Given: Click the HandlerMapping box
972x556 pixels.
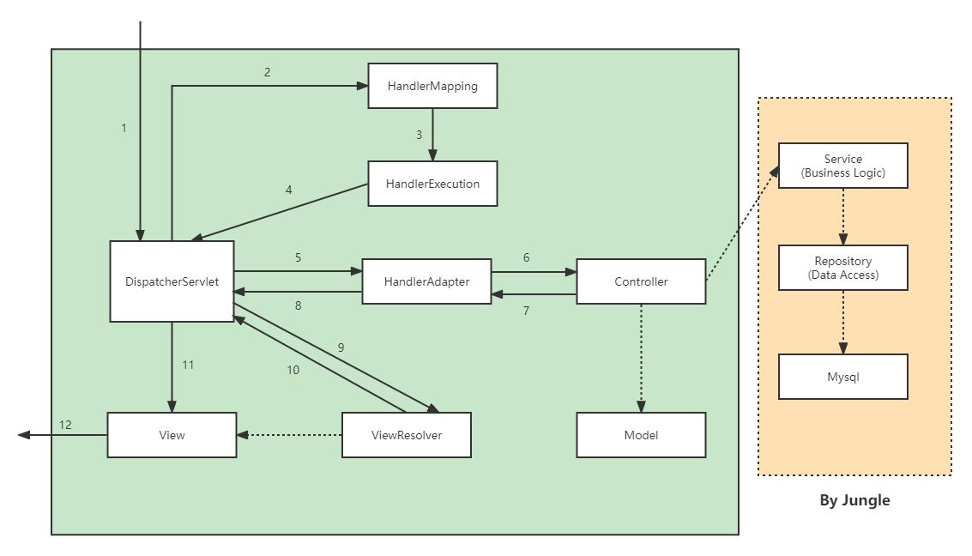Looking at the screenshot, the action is tap(432, 86).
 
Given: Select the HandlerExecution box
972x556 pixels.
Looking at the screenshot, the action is tap(432, 184).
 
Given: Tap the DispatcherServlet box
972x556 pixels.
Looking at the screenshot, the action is tap(172, 281).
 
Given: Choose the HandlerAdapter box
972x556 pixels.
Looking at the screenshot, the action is tap(426, 281).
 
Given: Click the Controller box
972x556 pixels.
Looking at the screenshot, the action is tap(641, 281).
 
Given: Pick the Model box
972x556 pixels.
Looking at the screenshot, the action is tap(641, 435).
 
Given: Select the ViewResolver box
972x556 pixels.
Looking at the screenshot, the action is tap(407, 435).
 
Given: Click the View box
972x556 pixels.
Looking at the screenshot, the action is tap(172, 435).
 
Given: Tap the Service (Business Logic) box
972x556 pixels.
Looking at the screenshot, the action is tap(843, 166).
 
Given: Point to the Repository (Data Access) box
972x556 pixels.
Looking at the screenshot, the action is tap(843, 268).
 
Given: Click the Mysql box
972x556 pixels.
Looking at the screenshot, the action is tap(843, 377).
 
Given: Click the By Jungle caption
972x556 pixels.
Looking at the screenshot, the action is tap(854, 500).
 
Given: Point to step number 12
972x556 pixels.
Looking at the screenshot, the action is tap(65, 425).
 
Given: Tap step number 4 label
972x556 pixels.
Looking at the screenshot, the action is tap(288, 190).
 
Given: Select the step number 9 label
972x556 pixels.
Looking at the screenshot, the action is tap(341, 347).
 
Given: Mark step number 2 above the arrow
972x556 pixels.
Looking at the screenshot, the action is tap(267, 72).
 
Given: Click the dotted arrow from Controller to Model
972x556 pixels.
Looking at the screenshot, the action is tap(641, 359).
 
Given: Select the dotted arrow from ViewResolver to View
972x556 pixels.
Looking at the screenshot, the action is tap(289, 435).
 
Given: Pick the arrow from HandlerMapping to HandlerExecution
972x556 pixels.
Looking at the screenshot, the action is tap(432, 135).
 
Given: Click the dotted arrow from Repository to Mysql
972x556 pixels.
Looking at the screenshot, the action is tap(843, 323).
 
